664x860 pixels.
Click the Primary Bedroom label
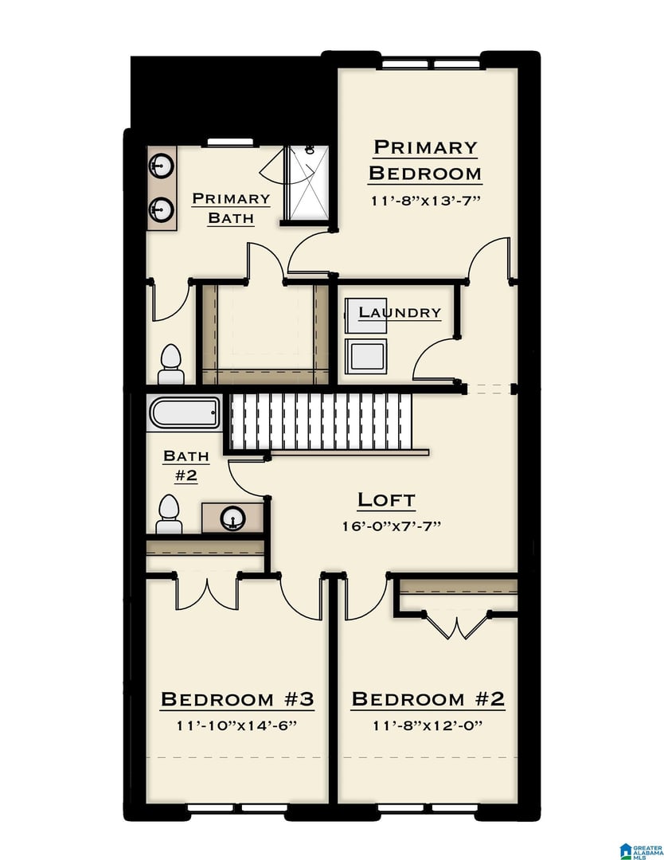(425, 160)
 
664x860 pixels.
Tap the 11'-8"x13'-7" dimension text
(425, 200)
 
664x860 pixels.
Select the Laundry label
(400, 312)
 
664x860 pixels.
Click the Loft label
(386, 499)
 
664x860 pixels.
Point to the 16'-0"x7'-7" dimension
(392, 526)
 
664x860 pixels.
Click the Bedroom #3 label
(237, 699)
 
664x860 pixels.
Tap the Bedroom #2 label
(428, 699)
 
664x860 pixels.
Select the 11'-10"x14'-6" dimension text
(236, 725)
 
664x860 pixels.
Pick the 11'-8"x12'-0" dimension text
(428, 725)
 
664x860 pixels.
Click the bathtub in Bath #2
(185, 412)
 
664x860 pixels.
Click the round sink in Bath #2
(232, 518)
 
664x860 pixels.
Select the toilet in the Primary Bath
(171, 364)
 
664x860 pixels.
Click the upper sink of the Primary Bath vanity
(161, 165)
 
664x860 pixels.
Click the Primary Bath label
(231, 208)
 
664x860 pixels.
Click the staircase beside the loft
(321, 422)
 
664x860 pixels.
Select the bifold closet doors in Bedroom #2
(457, 625)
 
